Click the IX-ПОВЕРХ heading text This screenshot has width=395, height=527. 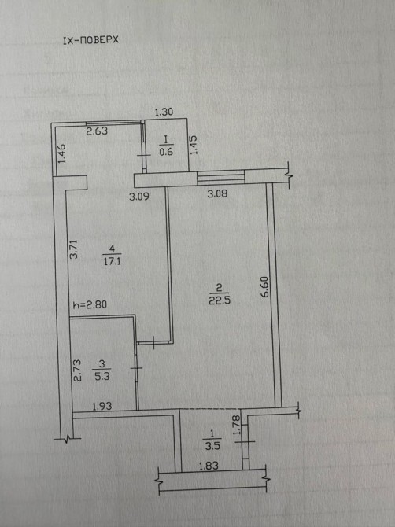pos(90,40)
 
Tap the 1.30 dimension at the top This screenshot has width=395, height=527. pos(164,112)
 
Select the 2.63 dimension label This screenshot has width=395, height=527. pos(97,131)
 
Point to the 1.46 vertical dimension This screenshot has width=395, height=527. pos(62,153)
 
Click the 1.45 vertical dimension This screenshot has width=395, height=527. pos(194,145)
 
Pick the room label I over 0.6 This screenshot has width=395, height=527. pos(166,146)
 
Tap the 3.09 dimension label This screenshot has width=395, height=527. pos(139,197)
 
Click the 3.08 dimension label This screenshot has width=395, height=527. pos(217,193)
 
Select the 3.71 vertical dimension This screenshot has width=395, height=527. pos(73,249)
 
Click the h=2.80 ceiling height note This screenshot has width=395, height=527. pos(90,304)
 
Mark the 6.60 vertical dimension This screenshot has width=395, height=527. pos(264,286)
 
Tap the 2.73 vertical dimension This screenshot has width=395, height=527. pos(77,370)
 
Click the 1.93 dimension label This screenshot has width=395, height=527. pos(102,407)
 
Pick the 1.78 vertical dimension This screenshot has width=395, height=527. pos(236,425)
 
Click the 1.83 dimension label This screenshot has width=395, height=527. pos(209,466)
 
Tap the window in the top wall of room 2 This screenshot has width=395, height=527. pos(221,178)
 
